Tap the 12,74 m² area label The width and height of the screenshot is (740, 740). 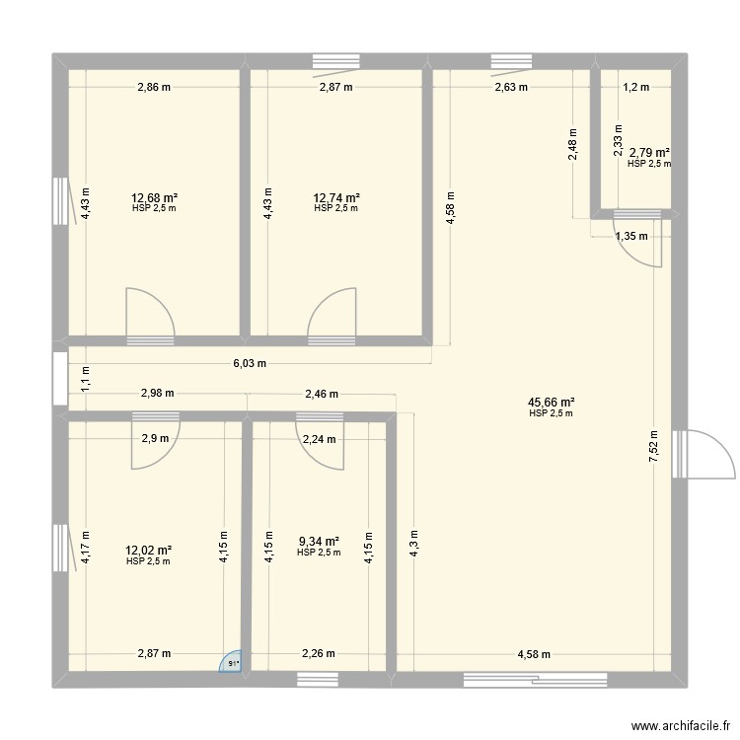pos(336,197)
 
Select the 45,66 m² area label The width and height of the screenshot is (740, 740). pos(552,403)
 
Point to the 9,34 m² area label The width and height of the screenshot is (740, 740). pos(319,542)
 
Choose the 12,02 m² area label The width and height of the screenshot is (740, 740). pos(148,551)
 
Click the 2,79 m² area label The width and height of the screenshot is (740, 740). pos(649,152)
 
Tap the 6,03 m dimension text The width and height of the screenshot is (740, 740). pos(250,363)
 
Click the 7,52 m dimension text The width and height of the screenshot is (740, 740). pos(654,446)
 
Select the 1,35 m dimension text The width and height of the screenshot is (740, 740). pos(631,237)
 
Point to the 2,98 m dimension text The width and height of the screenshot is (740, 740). pos(158,393)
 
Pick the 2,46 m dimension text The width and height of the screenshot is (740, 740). pos(322,394)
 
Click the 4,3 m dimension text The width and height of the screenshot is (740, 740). pos(413,544)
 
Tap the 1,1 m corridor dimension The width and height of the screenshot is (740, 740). pos(86,379)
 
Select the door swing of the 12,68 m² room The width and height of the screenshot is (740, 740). pos(151,312)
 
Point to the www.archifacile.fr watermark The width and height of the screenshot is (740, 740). pos(681,725)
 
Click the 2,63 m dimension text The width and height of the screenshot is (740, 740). pos(511,87)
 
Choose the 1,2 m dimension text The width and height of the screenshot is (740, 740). pos(636,87)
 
